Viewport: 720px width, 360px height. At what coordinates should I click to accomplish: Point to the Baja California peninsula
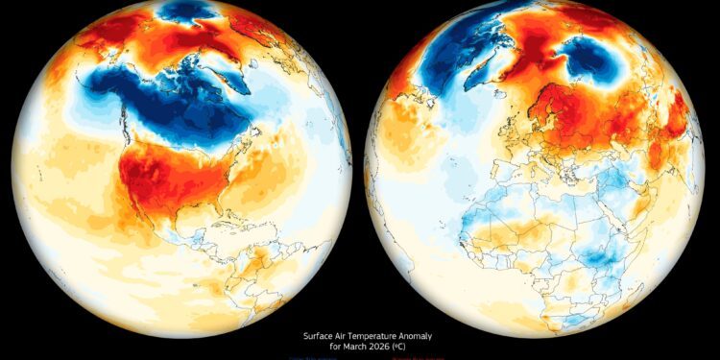click(x=135, y=212)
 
